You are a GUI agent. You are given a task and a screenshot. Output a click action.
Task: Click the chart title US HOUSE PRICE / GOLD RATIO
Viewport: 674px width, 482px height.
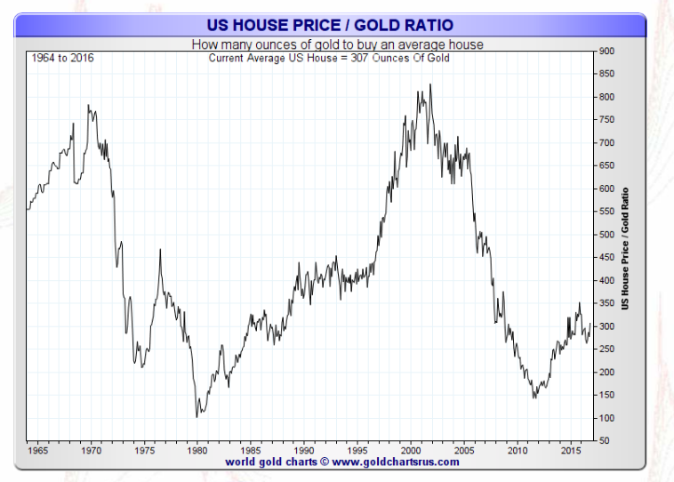click(x=329, y=25)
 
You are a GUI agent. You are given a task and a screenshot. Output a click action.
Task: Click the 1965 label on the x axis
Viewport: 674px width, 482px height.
click(x=37, y=450)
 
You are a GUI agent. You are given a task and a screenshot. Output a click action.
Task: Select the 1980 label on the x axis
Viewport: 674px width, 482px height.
click(x=199, y=450)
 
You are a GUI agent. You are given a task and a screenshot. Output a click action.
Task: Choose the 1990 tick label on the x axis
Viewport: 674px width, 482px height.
click(x=304, y=450)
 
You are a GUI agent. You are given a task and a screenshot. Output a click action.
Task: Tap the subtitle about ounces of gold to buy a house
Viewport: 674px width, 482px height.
click(x=329, y=44)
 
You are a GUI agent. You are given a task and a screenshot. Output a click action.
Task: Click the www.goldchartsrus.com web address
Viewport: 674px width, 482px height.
click(x=396, y=462)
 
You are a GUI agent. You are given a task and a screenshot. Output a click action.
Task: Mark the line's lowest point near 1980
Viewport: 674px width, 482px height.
click(x=197, y=416)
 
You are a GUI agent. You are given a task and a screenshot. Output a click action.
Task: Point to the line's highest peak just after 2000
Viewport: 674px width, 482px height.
click(x=430, y=84)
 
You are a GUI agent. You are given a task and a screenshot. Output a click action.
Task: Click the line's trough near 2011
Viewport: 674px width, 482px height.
click(x=534, y=398)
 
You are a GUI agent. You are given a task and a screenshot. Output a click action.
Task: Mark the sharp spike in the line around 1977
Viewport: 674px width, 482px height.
click(x=160, y=250)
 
